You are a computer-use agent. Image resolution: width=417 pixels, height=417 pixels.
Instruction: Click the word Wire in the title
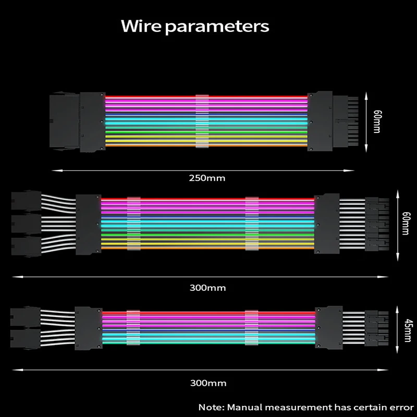[x=141, y=26]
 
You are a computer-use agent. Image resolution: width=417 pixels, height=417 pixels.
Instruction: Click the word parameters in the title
[x=217, y=27]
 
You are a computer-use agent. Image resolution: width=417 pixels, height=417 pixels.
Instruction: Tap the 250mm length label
[x=207, y=178]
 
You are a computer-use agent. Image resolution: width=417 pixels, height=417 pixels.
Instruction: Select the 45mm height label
[x=408, y=330]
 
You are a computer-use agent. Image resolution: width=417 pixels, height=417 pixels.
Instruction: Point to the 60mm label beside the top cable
[x=377, y=121]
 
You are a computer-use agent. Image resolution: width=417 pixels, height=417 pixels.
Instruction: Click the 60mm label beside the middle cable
[x=406, y=224]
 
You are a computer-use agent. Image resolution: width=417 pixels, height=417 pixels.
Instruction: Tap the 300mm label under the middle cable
[x=207, y=288]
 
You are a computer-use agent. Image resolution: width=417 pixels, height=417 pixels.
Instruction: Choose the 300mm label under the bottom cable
[x=208, y=383]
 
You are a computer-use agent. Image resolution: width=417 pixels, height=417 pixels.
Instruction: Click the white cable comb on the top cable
[x=202, y=121]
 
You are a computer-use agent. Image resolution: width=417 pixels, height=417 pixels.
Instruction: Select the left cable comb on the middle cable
[x=134, y=224]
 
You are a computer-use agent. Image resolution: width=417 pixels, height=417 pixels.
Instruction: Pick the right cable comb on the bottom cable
[x=251, y=328]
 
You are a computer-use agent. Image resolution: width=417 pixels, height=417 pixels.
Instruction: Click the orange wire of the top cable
[x=206, y=145]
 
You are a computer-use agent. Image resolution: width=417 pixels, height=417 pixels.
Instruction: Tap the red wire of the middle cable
[x=207, y=199]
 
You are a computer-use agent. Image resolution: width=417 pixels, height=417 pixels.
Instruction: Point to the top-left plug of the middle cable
[x=26, y=201]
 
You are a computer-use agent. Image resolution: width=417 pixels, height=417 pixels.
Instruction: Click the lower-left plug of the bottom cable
[x=25, y=338]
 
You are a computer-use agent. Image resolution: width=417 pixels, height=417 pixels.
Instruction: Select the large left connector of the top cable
[x=78, y=122]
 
